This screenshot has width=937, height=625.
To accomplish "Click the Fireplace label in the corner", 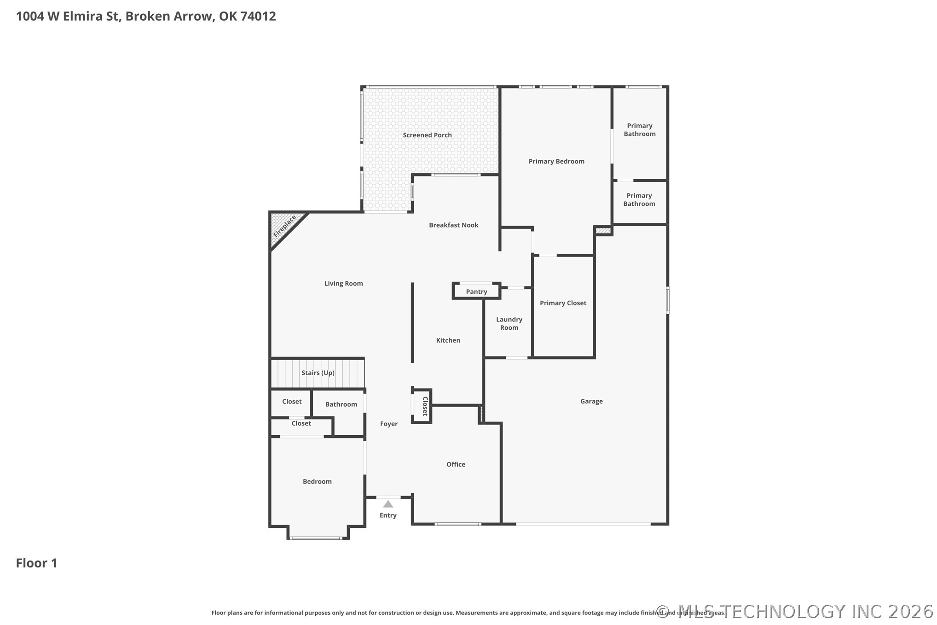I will tap(284, 226).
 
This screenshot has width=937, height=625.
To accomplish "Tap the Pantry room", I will tap(476, 292).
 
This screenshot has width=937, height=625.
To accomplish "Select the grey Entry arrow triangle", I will tap(388, 504).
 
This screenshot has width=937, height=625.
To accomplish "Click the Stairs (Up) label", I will tap(318, 373).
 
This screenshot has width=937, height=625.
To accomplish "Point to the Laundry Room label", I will tap(509, 323).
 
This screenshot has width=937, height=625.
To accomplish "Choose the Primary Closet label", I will tap(563, 303).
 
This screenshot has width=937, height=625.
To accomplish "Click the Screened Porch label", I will tap(427, 135).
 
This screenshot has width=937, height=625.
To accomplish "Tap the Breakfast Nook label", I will tap(453, 225).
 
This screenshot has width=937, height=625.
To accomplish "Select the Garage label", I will tap(591, 401).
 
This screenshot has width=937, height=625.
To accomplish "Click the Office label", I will tap(456, 464).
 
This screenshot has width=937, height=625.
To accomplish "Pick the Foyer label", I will tap(388, 424).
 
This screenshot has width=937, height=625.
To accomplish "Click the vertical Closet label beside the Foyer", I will tap(425, 406).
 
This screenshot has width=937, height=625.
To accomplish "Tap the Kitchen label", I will tap(448, 340).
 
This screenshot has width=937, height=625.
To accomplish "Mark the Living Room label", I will tap(343, 283).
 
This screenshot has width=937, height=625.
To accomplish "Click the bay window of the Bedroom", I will tap(317, 537).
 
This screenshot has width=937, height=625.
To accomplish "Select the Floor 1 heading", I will tap(37, 563).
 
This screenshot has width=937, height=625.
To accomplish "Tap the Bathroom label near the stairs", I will tap(341, 404).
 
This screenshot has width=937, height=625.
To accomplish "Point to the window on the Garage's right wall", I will tap(667, 300).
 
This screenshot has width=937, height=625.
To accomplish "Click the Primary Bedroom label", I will tap(556, 161).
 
